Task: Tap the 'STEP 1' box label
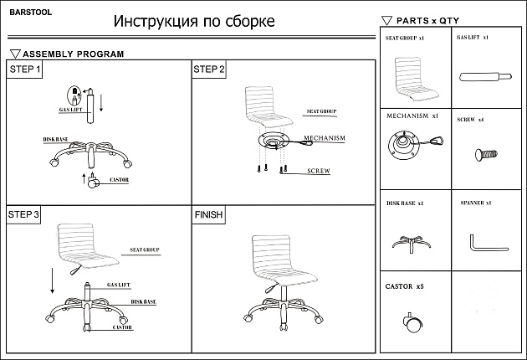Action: [x=25, y=69]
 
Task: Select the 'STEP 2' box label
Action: [x=209, y=69]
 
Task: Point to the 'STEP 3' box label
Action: [x=24, y=215]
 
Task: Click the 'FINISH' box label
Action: [x=208, y=215]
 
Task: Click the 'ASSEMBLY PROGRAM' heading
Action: [x=74, y=54]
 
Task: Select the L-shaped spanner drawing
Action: [x=486, y=244]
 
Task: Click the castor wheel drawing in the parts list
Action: [x=412, y=322]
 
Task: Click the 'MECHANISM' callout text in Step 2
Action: [x=324, y=138]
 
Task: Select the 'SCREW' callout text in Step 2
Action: [x=319, y=171]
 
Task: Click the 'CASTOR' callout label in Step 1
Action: [x=119, y=180]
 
